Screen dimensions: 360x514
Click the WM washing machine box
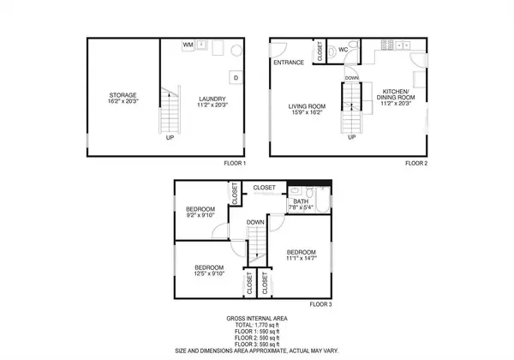click(188, 44)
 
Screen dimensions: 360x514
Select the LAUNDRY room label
click(211, 98)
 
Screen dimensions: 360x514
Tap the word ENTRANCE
click(290, 63)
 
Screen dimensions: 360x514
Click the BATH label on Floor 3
click(301, 201)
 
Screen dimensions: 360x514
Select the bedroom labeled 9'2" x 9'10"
click(204, 216)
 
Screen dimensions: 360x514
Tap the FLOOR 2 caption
click(416, 162)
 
